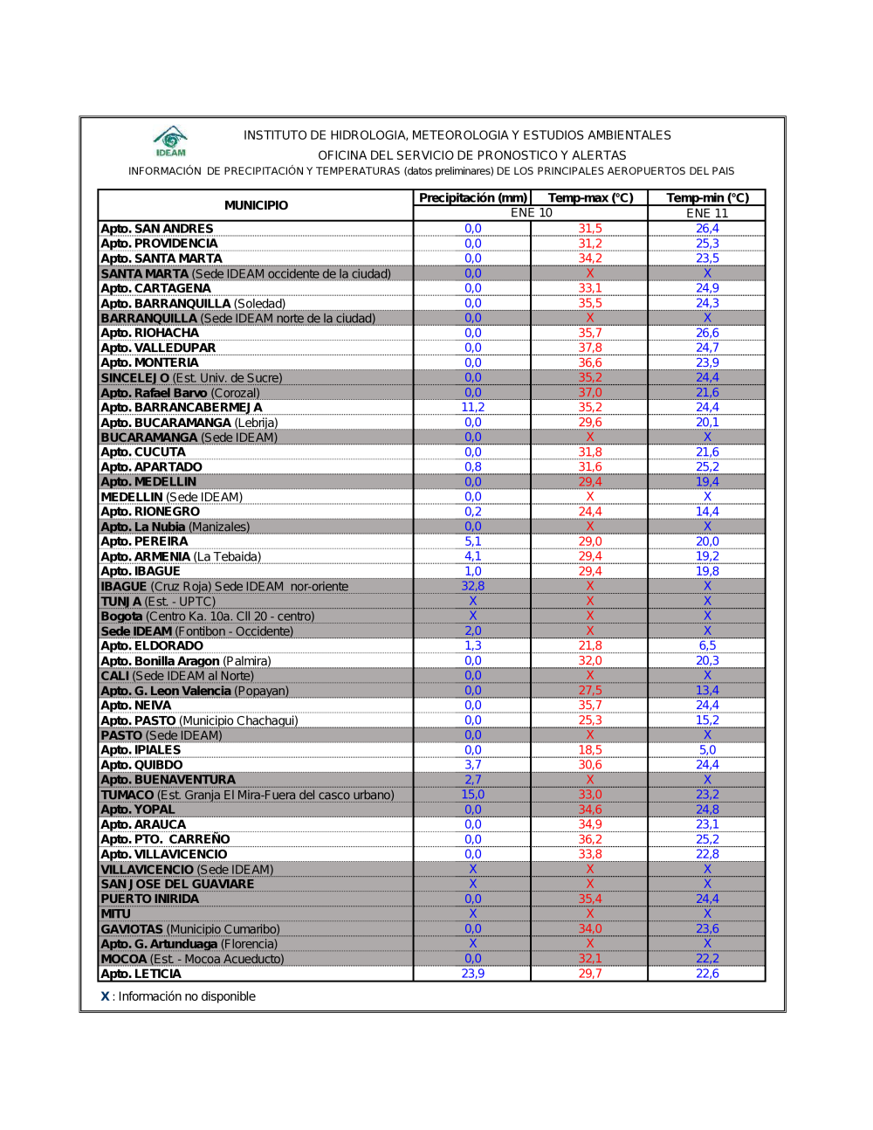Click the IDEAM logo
click(171, 141)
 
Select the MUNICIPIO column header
click(256, 205)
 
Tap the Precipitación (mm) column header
click(472, 198)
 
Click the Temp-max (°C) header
click(590, 198)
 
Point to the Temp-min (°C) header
click(707, 198)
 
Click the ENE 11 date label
click(707, 213)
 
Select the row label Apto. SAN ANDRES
click(157, 229)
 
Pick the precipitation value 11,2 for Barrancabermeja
click(472, 408)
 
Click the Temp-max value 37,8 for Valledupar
click(590, 348)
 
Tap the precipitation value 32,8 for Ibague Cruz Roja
click(472, 586)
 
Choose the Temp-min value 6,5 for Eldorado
click(707, 645)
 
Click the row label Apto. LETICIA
click(141, 974)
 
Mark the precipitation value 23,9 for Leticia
click(472, 974)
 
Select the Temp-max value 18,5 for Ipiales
click(590, 750)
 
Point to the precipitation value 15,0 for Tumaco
click(472, 795)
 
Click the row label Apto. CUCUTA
click(143, 452)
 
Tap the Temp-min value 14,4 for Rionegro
click(707, 512)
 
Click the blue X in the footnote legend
click(105, 996)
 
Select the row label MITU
click(116, 914)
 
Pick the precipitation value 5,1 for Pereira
click(472, 541)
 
